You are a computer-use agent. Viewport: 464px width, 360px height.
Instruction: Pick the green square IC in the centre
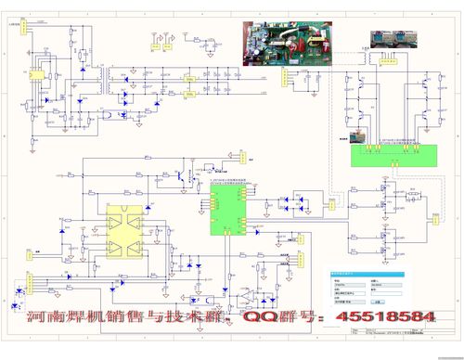pyautogui.click(x=227, y=210)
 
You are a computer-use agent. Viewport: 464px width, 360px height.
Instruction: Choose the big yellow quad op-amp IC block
pyautogui.click(x=126, y=231)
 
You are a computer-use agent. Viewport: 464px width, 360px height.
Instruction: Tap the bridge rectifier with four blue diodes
pyautogui.click(x=298, y=201)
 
